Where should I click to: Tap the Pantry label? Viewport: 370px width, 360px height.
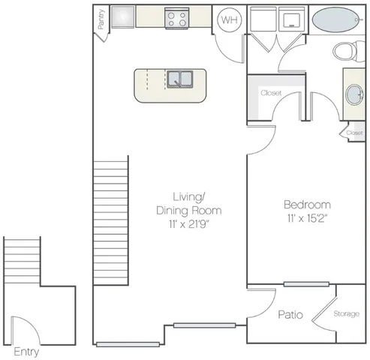click(x=100, y=20)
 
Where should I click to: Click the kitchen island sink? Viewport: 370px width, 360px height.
click(x=181, y=79)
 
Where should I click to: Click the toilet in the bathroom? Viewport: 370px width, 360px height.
click(x=346, y=51)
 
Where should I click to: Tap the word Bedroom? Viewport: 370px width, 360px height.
click(x=308, y=204)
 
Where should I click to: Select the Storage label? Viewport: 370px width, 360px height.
click(x=346, y=313)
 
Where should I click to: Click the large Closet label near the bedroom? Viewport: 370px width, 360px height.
click(x=270, y=94)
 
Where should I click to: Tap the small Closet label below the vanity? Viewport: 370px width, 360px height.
click(x=354, y=133)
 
